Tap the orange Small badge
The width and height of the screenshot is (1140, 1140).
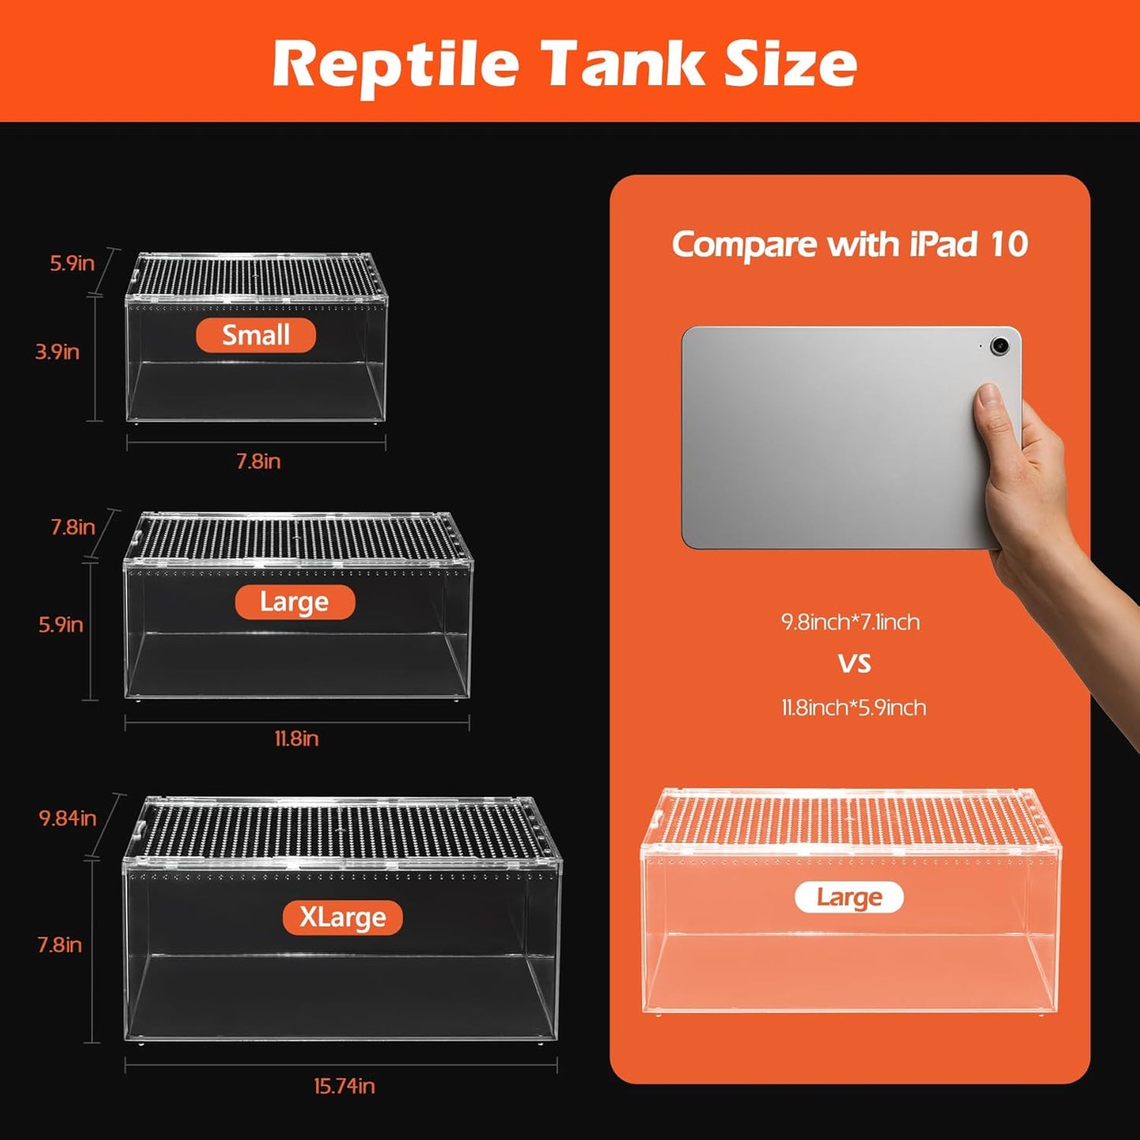pos(256,335)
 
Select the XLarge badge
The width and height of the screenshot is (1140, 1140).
pos(342,918)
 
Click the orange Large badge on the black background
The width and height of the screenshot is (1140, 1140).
pos(294,602)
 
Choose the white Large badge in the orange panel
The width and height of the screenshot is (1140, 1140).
pos(849,897)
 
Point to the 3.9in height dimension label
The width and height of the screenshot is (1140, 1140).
pos(58,352)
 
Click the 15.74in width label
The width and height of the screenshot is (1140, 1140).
pos(344,1086)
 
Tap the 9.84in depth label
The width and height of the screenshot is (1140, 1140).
pos(68,818)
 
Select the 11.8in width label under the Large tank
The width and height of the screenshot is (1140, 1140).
pos(297,738)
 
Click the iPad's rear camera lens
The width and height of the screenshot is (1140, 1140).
pos(1000,346)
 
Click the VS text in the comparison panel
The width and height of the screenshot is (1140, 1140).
pos(854,663)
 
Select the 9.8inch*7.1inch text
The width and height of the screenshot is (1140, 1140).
pos(850,622)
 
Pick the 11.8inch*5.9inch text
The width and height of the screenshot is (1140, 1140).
pos(854,707)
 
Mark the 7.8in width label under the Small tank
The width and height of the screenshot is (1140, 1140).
pos(259,461)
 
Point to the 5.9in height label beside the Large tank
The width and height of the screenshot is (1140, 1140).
pos(61,625)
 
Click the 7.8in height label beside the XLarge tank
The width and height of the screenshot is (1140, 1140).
pos(60,944)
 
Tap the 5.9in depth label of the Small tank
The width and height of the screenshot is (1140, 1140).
pos(72,264)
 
